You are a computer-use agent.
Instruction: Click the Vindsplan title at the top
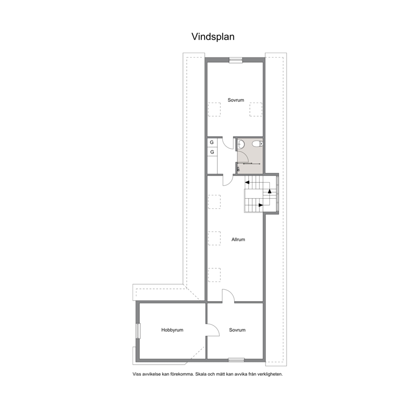coord(213,37)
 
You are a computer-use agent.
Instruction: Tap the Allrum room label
coord(238,239)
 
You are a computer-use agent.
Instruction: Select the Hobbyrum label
coord(172,330)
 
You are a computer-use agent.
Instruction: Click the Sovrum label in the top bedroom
coord(236,100)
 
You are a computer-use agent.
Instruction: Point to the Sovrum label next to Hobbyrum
coord(237,330)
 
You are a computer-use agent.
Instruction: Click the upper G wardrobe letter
coord(212,142)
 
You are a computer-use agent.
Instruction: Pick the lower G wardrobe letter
coord(212,152)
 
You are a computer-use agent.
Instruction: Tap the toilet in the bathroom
coord(258,144)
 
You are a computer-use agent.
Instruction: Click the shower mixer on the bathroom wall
coord(238,169)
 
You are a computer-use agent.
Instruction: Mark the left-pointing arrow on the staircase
coord(247,182)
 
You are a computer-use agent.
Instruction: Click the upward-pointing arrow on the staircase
coord(269,191)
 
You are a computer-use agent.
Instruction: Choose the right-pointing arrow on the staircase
coord(261,205)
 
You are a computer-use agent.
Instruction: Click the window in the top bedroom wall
coord(236,60)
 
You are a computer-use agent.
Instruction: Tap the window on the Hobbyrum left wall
coord(138,331)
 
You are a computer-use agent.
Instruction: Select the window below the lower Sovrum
coord(236,360)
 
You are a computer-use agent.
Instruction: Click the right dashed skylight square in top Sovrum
coord(256,109)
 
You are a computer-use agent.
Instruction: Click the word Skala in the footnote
coord(201,374)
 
